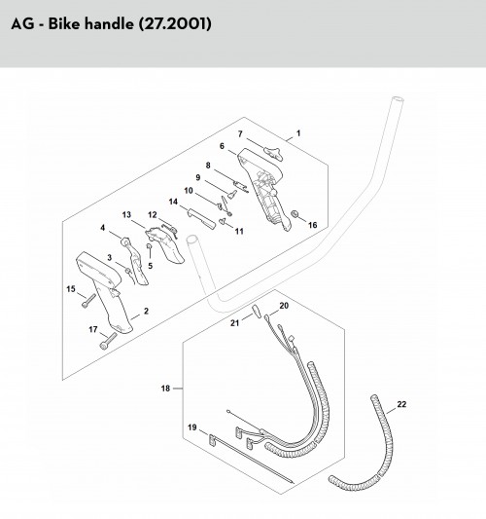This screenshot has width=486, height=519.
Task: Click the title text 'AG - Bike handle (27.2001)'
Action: pyautogui.click(x=111, y=24)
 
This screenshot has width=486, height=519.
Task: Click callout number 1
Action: pyautogui.click(x=298, y=133)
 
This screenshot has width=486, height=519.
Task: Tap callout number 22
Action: pyautogui.click(x=401, y=404)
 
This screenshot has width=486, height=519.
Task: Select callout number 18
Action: pyautogui.click(x=165, y=389)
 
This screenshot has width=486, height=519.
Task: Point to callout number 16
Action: pyautogui.click(x=313, y=225)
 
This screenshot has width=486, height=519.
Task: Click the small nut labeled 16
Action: pyautogui.click(x=294, y=214)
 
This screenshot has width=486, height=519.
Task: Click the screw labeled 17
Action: pyautogui.click(x=108, y=341)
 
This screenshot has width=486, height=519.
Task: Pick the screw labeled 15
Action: pyautogui.click(x=88, y=301)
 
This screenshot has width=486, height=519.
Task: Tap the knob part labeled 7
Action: pyautogui.click(x=273, y=154)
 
